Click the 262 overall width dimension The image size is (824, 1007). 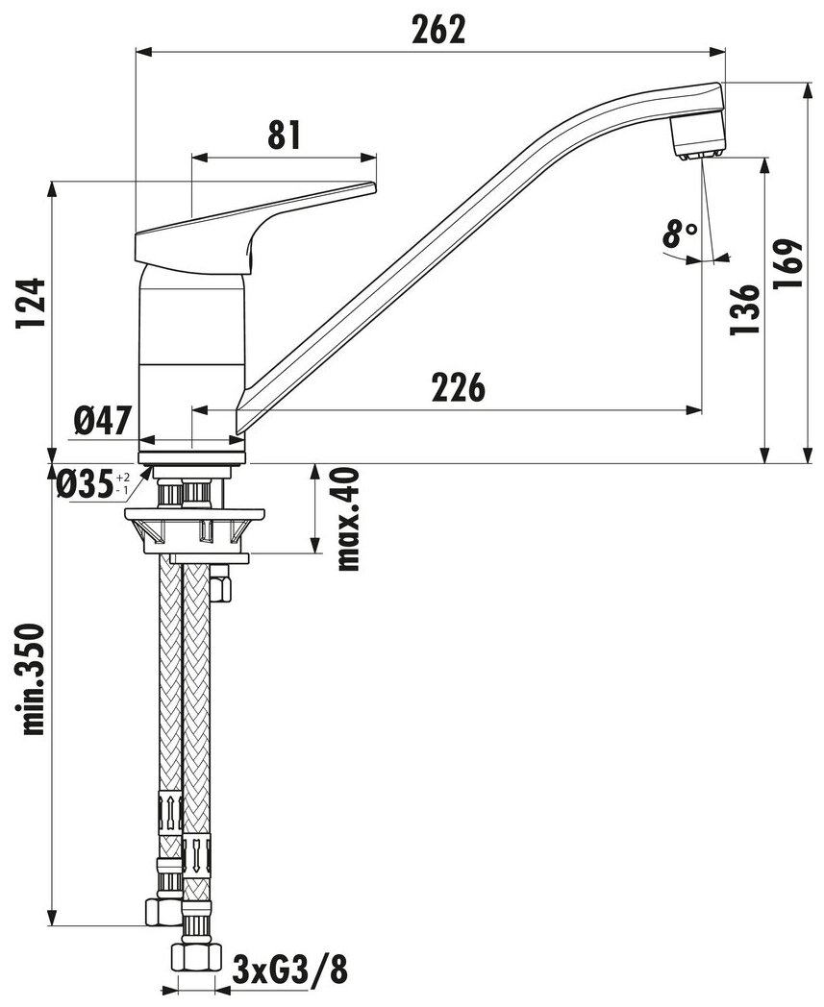pos(439,30)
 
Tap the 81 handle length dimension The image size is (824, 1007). pos(284,135)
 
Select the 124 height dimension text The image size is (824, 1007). pos(32,303)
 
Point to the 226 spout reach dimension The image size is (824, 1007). pos(459,386)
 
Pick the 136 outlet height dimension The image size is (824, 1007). pos(745,309)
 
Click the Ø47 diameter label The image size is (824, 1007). pos(103,421)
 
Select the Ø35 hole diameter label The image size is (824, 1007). pos(85,484)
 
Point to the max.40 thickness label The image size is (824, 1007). pos(347,519)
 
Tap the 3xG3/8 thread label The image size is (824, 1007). pos(290,970)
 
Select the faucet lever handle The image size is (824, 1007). pos(255,230)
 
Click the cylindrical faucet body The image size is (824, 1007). pos(192,359)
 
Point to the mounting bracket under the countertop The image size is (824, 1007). pos(194,530)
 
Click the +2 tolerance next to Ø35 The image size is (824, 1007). pos(123,478)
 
